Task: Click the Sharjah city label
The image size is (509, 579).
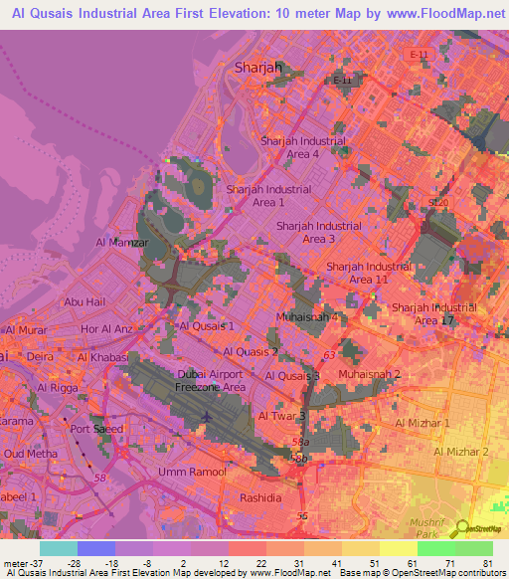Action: pos(258,68)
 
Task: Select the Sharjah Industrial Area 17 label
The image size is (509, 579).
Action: pos(433,313)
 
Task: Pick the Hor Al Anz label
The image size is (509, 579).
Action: pos(107,328)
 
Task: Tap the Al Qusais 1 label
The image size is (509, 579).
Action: pos(207,325)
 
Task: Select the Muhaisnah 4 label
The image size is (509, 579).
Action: pos(306,317)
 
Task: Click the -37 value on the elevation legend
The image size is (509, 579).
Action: pos(15,562)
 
